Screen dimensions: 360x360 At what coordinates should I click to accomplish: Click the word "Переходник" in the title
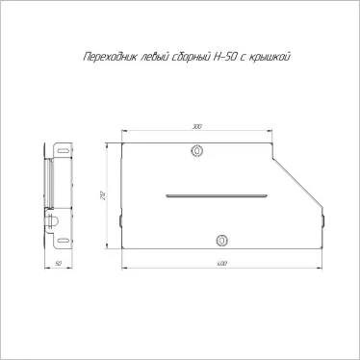click(102, 58)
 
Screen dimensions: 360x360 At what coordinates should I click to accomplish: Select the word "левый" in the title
click(147, 58)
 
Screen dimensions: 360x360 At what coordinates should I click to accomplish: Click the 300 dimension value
click(197, 126)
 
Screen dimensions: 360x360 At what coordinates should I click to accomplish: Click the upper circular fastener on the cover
click(198, 151)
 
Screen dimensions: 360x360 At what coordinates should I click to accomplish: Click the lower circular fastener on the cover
click(222, 240)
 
